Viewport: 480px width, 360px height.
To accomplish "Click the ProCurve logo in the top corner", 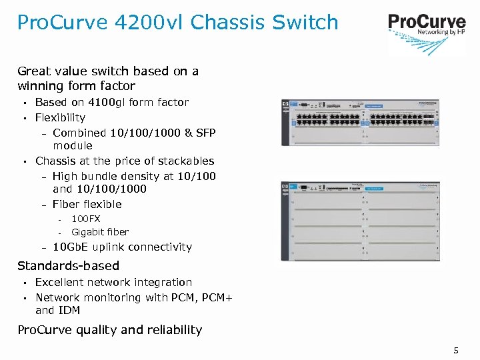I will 426,26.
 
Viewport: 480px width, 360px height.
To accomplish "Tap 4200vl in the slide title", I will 146,23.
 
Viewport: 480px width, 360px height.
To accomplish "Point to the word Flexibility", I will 61,118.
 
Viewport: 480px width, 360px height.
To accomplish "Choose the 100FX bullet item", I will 86,219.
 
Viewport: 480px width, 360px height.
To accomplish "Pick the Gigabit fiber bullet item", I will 100,233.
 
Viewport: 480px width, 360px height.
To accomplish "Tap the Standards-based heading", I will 68,265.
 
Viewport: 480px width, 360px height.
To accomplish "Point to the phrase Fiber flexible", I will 87,205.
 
